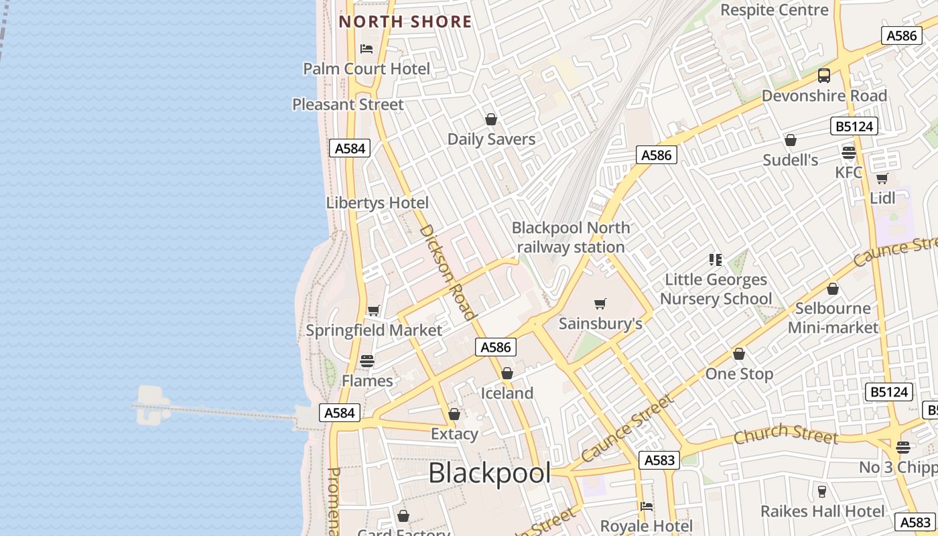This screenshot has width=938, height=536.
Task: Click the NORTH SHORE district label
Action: [405, 21]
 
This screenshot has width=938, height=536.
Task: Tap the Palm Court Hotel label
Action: [366, 68]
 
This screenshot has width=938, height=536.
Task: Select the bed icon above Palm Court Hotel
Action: [366, 48]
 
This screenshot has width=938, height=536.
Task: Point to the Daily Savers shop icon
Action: [491, 119]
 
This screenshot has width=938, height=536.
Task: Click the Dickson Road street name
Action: [447, 271]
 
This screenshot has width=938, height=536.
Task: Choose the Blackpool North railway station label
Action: [571, 237]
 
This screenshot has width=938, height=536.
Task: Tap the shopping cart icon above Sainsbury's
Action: [600, 304]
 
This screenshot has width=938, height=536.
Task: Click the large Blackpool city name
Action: [489, 473]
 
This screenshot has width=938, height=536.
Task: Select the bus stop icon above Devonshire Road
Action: [824, 76]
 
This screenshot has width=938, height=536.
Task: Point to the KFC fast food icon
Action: [849, 153]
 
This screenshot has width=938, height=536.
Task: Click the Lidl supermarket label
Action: [882, 198]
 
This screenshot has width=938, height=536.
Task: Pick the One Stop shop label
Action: [739, 374]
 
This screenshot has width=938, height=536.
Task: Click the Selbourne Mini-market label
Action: [833, 318]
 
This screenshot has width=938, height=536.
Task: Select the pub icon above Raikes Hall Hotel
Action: [822, 491]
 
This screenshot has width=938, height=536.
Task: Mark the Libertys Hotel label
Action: [377, 202]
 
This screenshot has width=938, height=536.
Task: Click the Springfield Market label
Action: [374, 330]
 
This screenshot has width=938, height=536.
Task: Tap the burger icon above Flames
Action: [366, 360]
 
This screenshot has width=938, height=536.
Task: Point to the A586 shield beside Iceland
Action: [496, 346]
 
